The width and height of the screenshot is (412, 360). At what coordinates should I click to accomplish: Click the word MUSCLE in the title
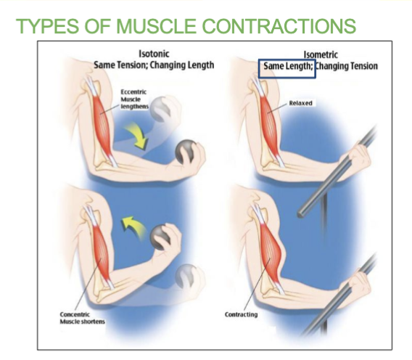click(x=156, y=26)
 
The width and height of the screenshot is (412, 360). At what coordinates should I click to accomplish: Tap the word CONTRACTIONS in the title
click(x=279, y=26)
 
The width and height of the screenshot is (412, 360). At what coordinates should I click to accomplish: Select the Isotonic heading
click(x=154, y=54)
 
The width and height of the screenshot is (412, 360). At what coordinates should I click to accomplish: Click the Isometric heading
click(x=321, y=54)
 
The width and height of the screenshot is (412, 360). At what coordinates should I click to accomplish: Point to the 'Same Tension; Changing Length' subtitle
click(x=154, y=65)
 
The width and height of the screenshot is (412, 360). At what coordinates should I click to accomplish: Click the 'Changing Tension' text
click(x=347, y=66)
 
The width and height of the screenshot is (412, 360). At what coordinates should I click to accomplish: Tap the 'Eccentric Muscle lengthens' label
click(x=134, y=99)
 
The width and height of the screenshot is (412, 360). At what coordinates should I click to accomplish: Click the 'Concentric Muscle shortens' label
click(x=82, y=318)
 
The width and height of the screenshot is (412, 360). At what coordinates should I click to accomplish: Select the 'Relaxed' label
click(x=300, y=103)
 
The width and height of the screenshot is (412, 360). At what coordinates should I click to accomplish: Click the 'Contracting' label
click(x=242, y=314)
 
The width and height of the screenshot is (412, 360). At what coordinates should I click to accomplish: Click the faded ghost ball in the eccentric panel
click(x=160, y=109)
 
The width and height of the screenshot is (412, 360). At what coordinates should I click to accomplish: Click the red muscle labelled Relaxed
click(x=269, y=124)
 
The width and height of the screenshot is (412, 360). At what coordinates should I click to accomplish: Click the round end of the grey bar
click(x=302, y=213)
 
